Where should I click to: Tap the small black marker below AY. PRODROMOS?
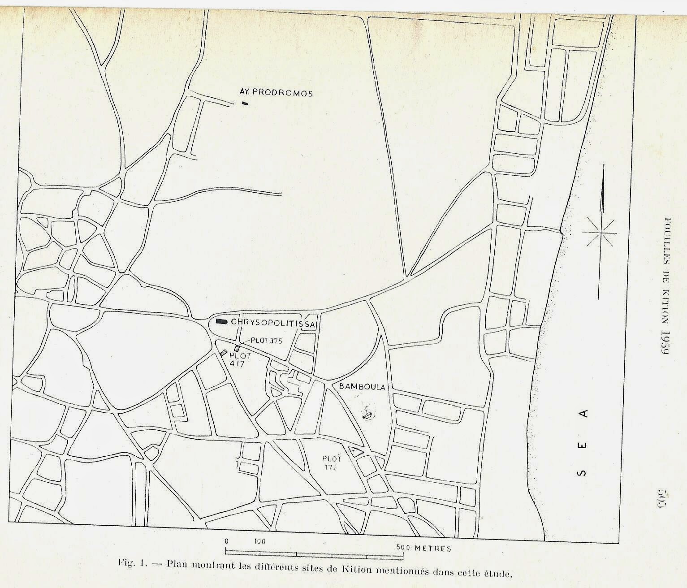(x=244, y=104)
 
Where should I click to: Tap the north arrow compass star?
(x=600, y=233)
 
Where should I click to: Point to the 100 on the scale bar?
(x=260, y=541)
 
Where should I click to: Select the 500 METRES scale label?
(x=423, y=548)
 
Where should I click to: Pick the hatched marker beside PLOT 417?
(x=223, y=353)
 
